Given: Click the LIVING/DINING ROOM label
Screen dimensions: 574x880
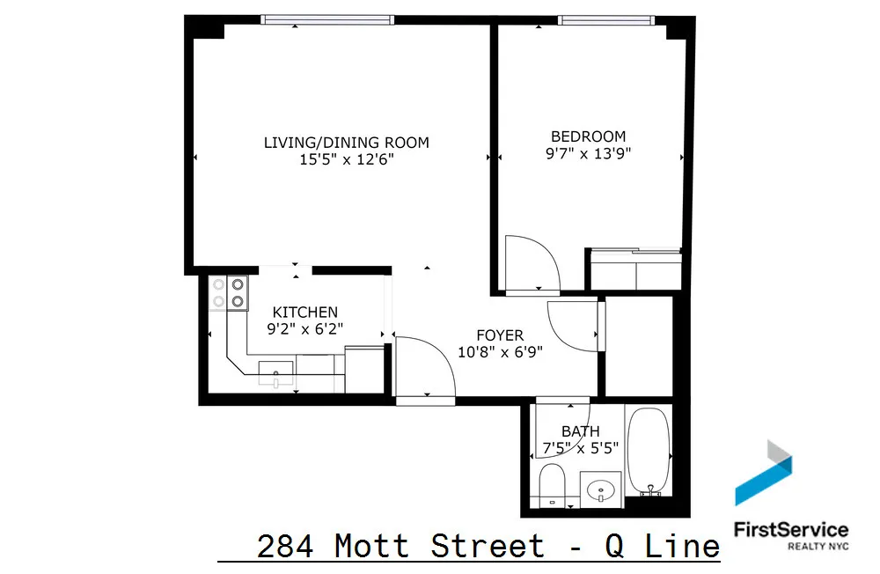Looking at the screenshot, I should pos(347,143).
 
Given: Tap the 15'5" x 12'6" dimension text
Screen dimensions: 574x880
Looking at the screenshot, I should pos(347,159).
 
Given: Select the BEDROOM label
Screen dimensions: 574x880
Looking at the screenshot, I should pos(588,136).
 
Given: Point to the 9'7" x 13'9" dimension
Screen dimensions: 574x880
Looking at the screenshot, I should pos(588,153).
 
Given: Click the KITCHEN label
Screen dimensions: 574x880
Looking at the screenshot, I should pos(304,313).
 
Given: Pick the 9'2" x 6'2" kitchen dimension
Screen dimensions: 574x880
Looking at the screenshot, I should pos(304,329).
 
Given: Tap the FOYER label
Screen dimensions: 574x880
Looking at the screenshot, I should pos(500,335).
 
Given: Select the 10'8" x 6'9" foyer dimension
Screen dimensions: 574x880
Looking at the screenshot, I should pos(500,352).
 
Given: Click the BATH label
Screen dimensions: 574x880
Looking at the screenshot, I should pos(581,431).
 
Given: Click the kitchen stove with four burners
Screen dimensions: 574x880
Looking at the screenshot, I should pos(228,293).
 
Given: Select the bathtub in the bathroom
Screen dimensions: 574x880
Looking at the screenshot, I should pos(649,450).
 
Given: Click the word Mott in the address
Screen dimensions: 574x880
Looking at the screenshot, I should pos(371,546).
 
